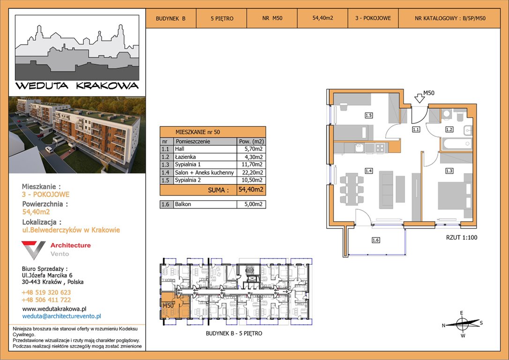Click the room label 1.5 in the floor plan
(x=368, y=115)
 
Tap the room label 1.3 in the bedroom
(x=449, y=171)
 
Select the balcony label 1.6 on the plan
(x=375, y=240)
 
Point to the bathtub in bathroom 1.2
(x=456, y=144)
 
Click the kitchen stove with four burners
(x=380, y=148)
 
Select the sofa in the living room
(x=386, y=190)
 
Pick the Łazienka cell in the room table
(x=205, y=157)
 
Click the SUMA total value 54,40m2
(x=251, y=189)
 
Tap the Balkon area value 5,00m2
(x=251, y=204)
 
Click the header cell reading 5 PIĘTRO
(x=222, y=18)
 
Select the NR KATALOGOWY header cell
(x=450, y=18)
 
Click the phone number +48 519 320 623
(x=46, y=292)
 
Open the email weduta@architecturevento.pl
(x=62, y=316)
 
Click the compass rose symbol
(x=463, y=323)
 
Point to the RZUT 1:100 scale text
(x=462, y=237)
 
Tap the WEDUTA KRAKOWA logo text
(x=77, y=86)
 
